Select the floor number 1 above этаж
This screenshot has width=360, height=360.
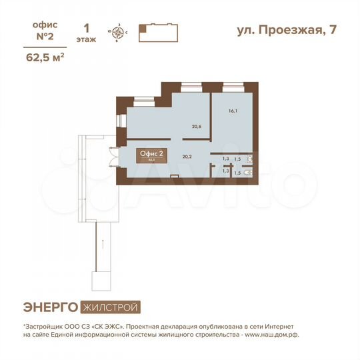[85, 28]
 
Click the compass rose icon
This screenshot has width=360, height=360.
[119, 32]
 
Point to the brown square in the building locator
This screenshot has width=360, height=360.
[142, 29]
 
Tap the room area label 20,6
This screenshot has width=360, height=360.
[197, 126]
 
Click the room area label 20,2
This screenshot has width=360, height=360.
[187, 157]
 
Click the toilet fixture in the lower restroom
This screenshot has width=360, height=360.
[247, 171]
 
